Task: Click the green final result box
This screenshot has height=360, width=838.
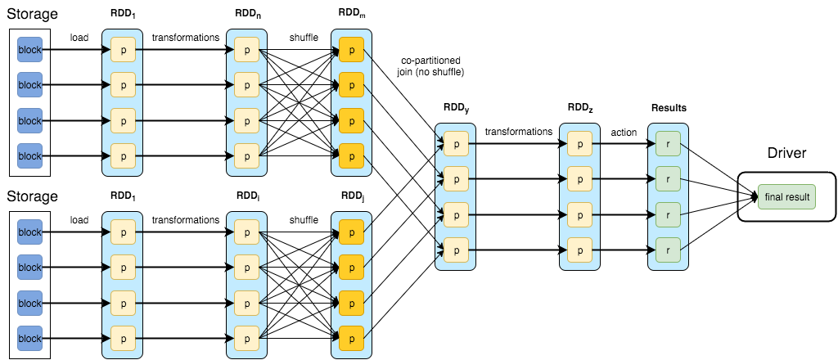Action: click(x=786, y=196)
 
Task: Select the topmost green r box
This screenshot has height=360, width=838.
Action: click(x=668, y=143)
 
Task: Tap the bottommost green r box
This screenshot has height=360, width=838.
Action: click(x=668, y=250)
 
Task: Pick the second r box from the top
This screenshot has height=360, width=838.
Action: click(x=668, y=178)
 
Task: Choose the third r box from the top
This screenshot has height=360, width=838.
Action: click(x=668, y=214)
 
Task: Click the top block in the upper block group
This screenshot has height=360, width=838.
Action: click(x=29, y=49)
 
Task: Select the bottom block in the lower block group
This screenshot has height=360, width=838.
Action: click(x=29, y=338)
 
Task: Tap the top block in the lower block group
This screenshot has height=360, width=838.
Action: click(x=29, y=232)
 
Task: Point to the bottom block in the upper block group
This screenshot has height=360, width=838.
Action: click(x=29, y=155)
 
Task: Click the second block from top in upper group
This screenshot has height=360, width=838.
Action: click(x=29, y=85)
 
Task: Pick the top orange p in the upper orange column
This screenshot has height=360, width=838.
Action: click(x=351, y=49)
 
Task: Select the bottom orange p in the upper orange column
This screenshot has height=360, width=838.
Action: click(x=351, y=155)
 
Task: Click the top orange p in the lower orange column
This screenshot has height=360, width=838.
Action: click(x=351, y=232)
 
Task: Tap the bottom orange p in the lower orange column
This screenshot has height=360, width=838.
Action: click(x=351, y=338)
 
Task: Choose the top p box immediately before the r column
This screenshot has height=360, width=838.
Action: click(x=579, y=143)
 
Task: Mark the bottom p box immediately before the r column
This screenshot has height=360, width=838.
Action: click(x=579, y=250)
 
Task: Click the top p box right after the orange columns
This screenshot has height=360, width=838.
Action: click(x=455, y=143)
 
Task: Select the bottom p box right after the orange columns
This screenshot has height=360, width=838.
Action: click(x=455, y=250)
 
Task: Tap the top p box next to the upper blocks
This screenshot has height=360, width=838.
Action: click(x=122, y=49)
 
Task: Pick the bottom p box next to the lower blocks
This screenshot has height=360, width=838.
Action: click(x=122, y=338)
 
